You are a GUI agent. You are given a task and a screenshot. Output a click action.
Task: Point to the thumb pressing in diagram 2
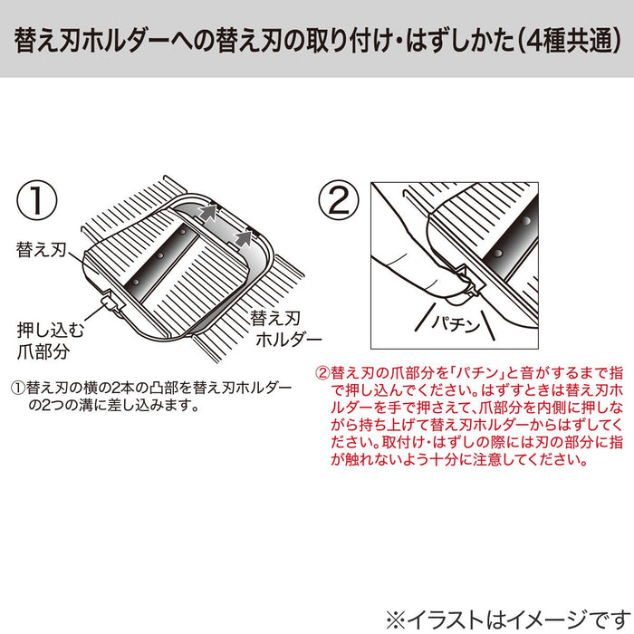399,272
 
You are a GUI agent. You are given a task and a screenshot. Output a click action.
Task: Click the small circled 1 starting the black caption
17,387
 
